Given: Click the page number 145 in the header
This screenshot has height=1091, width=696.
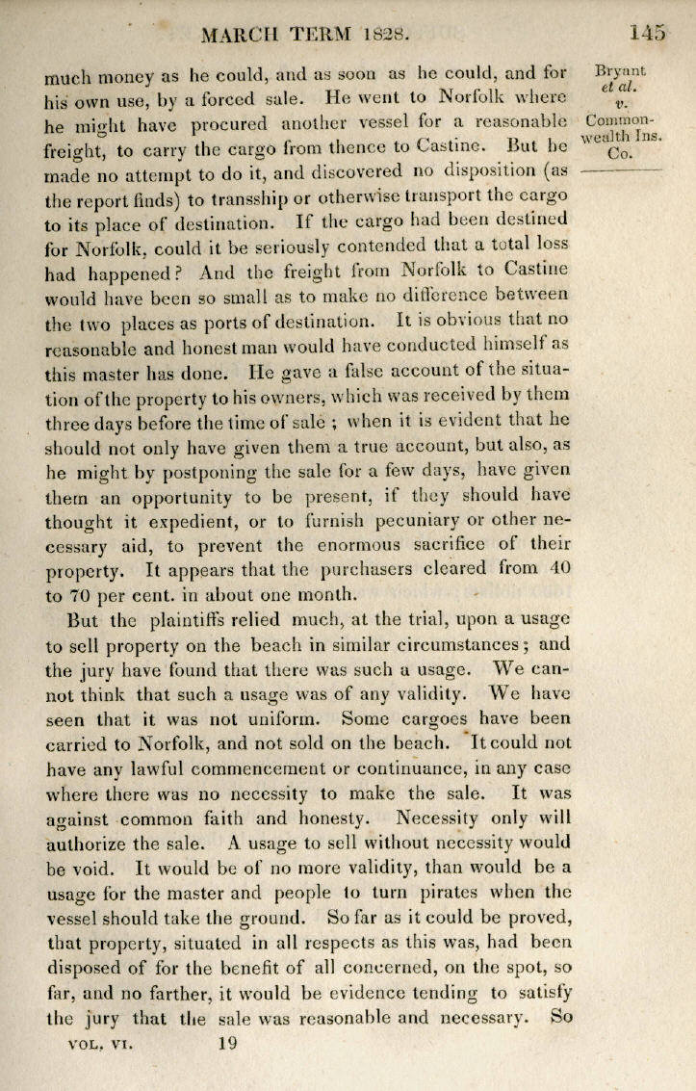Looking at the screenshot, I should coord(647,34).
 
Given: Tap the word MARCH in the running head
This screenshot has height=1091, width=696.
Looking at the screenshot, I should coord(241,36).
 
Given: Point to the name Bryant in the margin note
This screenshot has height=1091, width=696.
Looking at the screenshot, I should coord(621,70).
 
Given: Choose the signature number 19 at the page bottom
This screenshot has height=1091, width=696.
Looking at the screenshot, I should coord(227,1041).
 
